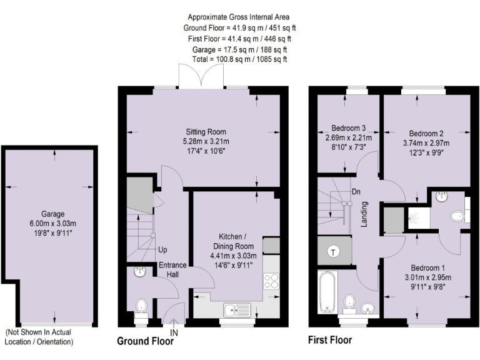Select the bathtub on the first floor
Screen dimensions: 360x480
click(327, 292)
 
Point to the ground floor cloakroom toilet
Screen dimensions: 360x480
click(142, 306)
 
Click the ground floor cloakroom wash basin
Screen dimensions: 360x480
click(139, 272)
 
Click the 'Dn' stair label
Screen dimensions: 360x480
click(356, 192)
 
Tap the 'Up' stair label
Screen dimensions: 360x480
click(162, 250)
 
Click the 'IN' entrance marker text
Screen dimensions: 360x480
click(174, 333)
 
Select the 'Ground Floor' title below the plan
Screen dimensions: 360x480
click(146, 342)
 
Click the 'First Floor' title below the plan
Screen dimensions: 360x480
click(329, 341)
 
